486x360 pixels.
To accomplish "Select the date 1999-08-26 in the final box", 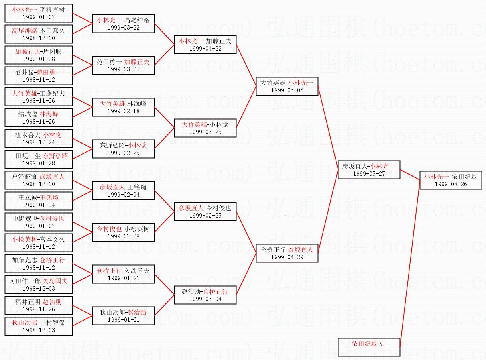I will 451,184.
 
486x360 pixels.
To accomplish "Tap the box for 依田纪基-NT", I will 369,347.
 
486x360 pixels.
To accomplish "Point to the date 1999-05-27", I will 369,174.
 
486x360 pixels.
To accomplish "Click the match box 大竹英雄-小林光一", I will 287,86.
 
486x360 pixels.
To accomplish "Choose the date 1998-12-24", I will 39,142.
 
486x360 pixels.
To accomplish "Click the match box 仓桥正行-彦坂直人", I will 287,253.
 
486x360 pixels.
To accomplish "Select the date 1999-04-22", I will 205,49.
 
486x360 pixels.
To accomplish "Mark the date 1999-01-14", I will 39,205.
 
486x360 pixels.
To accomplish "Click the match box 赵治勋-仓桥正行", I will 205,295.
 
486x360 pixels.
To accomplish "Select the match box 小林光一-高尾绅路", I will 123,24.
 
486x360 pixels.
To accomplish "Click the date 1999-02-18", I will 123,111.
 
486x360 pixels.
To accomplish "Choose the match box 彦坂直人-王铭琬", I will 123,191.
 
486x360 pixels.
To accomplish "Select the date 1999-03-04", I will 205,299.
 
